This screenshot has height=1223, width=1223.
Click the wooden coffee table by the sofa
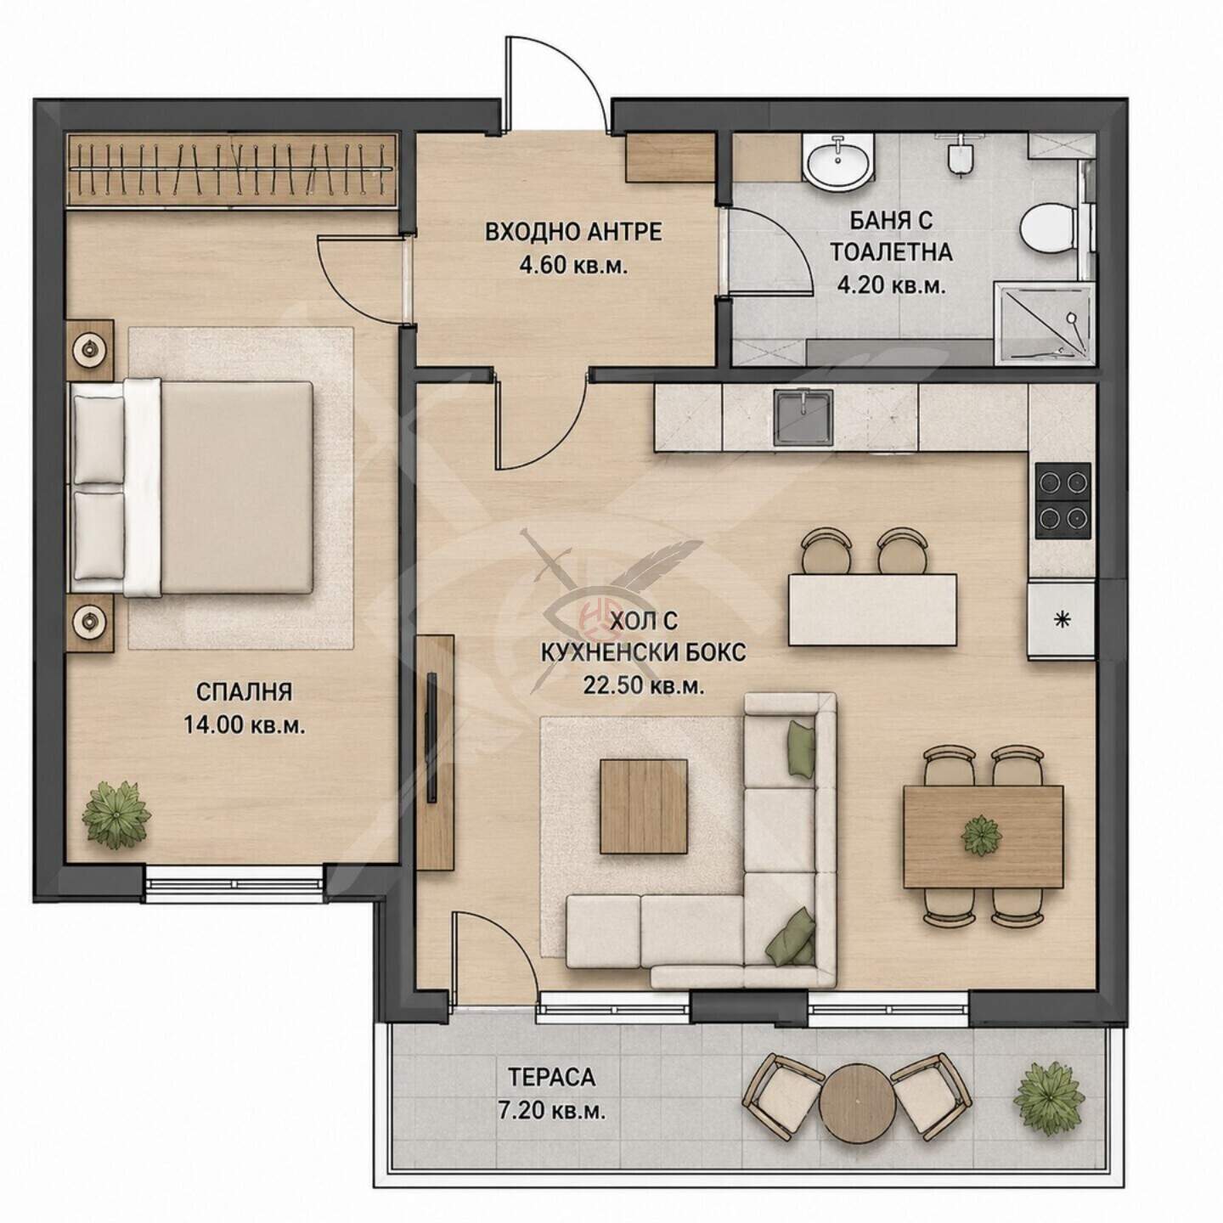click(x=644, y=806)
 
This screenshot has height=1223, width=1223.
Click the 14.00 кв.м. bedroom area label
click(x=245, y=724)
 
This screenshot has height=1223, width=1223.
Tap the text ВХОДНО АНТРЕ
click(x=573, y=233)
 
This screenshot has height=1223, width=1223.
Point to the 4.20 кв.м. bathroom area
click(x=891, y=286)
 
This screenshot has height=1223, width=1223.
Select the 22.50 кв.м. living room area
click(x=642, y=685)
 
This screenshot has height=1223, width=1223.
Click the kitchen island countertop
click(x=872, y=609)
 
